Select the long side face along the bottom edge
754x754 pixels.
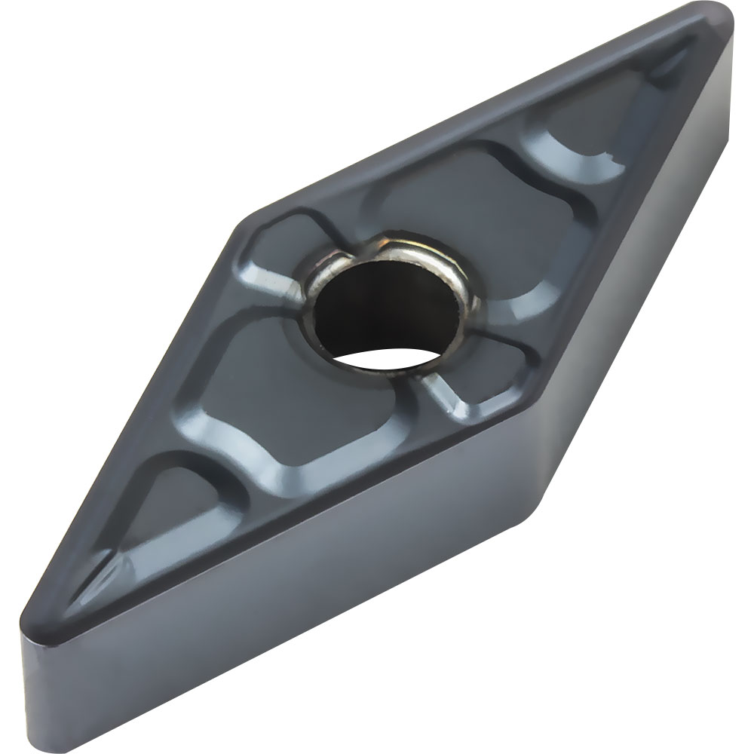[x=302, y=603]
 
